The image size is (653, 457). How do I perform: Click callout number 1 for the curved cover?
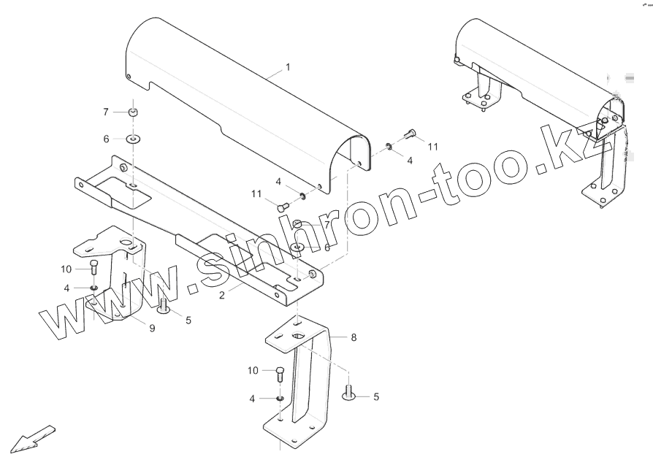coord(288,66)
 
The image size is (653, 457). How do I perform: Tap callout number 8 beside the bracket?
coord(354,337)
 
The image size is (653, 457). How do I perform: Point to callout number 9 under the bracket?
coord(152,329)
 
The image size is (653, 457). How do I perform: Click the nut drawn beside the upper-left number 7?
coord(134,112)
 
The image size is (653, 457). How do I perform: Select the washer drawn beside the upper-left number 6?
coord(134,138)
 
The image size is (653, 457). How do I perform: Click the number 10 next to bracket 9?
coord(66,269)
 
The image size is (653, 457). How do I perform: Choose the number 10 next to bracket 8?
coord(253,371)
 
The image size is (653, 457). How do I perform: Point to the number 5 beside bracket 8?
coord(376,397)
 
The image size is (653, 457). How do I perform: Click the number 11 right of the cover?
coord(433,146)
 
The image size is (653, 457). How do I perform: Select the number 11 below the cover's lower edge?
coord(256,193)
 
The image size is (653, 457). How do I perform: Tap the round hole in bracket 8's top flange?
coord(299,336)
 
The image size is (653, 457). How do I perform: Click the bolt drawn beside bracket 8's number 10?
coord(280,374)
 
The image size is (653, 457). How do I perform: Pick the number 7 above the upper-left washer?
coord(105,112)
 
